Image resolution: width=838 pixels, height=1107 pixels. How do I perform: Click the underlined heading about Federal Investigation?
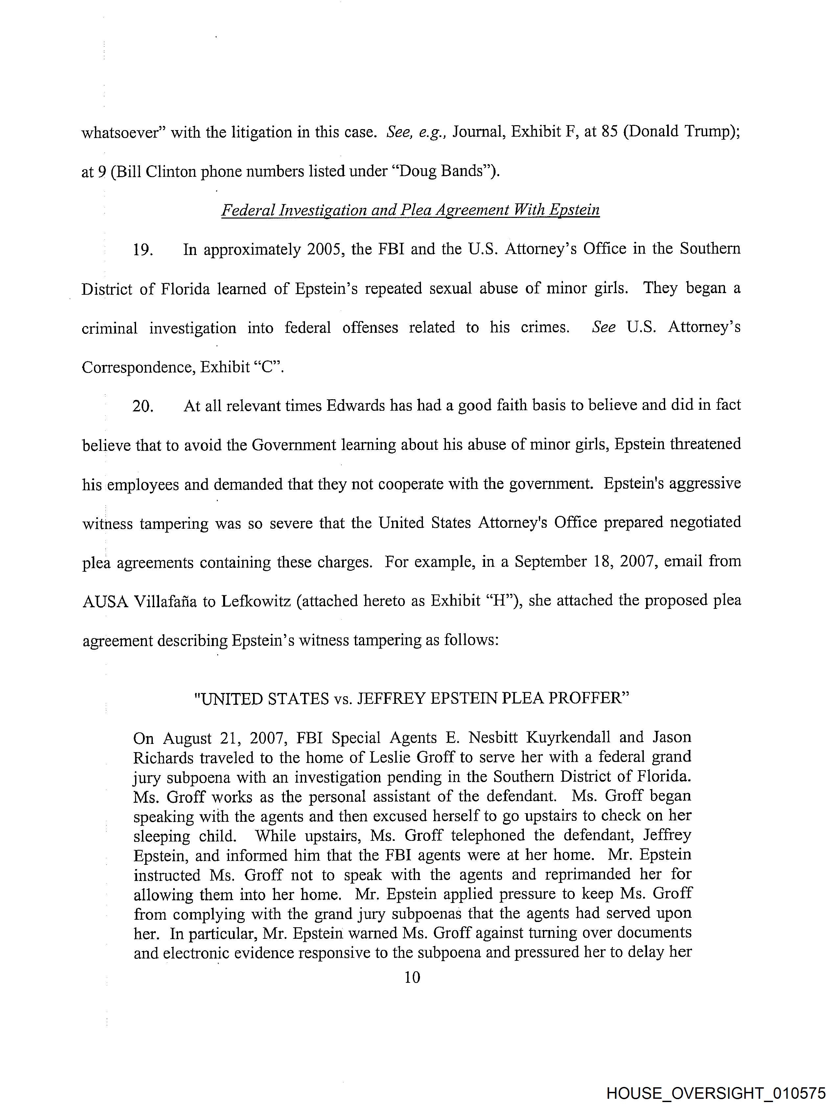point(410,210)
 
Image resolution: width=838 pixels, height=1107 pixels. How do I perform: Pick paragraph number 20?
point(142,406)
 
